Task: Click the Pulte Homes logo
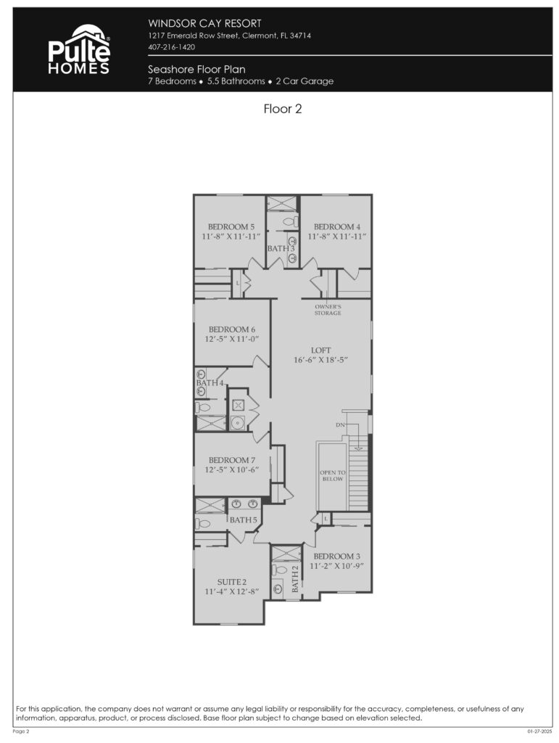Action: click(79, 49)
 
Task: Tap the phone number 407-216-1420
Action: click(172, 47)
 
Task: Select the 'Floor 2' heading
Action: click(282, 110)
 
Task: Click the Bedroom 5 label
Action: click(231, 226)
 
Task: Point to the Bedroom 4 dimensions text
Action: click(337, 237)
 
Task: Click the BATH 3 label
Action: click(281, 248)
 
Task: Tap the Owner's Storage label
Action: click(328, 310)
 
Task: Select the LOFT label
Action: click(321, 350)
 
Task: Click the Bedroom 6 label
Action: click(232, 329)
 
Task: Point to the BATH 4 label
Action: click(210, 383)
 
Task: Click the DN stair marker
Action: click(340, 424)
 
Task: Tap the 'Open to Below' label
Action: click(333, 476)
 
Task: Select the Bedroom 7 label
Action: click(232, 460)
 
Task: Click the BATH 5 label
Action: click(244, 520)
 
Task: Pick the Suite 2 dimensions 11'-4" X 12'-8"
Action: click(232, 592)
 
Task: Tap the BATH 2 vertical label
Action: click(295, 579)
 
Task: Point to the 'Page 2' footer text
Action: click(21, 731)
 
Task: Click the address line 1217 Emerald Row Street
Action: click(230, 36)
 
